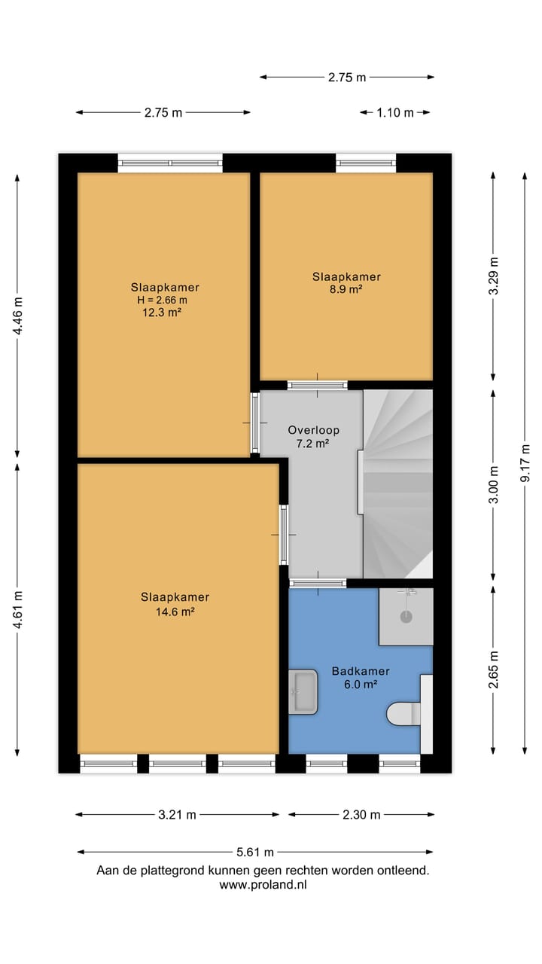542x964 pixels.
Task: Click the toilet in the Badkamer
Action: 403,714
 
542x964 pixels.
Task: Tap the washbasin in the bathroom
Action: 303,692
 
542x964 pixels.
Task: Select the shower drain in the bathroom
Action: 406,617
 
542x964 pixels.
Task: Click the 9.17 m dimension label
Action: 525,463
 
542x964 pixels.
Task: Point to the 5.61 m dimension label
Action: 255,852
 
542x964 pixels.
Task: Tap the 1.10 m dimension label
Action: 395,113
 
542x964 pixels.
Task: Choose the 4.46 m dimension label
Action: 17,316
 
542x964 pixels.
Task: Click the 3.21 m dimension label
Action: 177,814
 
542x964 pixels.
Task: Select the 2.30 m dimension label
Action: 361,814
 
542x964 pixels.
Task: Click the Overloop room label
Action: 314,430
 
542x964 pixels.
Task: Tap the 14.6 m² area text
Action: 175,612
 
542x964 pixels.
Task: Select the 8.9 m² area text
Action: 346,288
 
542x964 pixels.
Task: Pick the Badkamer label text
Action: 361,671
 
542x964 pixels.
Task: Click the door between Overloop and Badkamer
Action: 318,583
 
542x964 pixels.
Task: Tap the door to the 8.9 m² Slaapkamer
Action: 318,385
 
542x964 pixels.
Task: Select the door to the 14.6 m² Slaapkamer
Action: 284,535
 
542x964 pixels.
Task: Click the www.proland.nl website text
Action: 263,884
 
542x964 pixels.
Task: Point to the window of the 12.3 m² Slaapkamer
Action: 170,163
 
